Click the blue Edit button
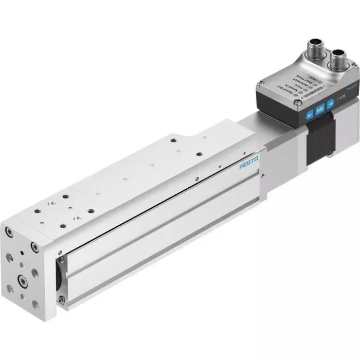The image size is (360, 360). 319,123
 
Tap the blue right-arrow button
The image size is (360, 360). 330,118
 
